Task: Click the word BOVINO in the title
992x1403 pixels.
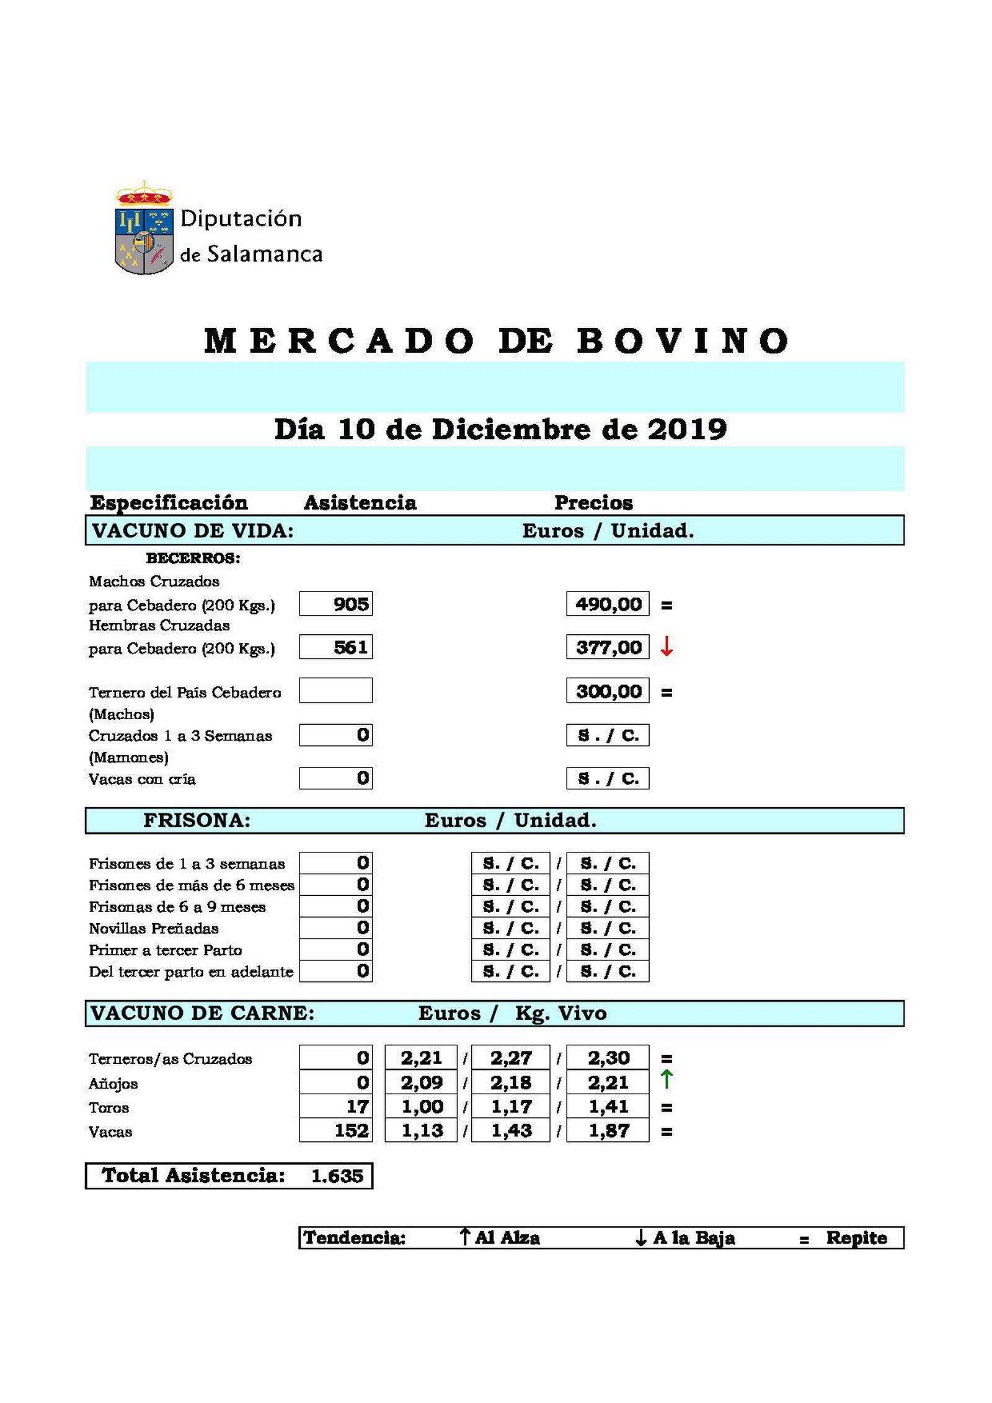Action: coord(683,341)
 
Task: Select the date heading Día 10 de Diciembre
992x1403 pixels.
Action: coord(500,430)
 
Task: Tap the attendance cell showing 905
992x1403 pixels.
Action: coord(335,604)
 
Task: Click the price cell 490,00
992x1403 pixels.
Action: coord(607,604)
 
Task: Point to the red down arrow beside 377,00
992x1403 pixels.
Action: coord(666,647)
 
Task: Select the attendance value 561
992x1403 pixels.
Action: coord(335,647)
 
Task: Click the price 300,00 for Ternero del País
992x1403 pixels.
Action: coord(607,691)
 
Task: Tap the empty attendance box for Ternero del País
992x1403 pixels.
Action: coord(335,691)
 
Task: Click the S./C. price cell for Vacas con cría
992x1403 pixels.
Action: coord(607,778)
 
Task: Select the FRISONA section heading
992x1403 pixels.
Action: coord(197,820)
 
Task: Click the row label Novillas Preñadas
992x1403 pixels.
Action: coord(153,928)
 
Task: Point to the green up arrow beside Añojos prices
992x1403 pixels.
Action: coord(666,1079)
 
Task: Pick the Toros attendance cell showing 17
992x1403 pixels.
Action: coord(335,1107)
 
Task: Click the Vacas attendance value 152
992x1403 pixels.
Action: coord(335,1131)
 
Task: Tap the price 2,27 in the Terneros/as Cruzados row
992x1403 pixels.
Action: coord(510,1058)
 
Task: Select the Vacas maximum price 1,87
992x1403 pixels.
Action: coord(607,1131)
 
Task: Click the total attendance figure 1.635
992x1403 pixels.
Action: coord(337,1176)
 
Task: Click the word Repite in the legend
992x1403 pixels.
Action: coord(856,1238)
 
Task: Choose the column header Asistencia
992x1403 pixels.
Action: coord(360,503)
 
